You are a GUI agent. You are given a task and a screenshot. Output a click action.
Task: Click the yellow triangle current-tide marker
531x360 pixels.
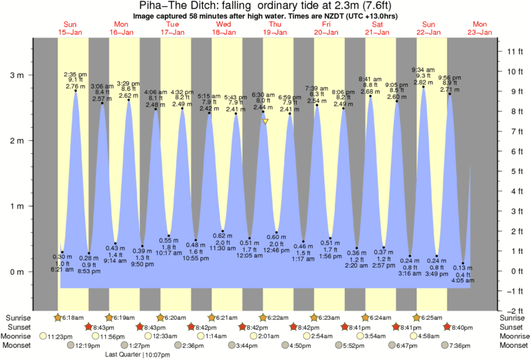click(266, 121)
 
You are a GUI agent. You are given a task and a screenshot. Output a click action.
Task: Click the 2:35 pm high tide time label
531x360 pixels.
click(74, 74)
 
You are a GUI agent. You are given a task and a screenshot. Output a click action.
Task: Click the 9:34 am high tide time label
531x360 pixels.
click(423, 68)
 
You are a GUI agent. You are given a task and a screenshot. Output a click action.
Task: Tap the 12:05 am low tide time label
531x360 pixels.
click(250, 256)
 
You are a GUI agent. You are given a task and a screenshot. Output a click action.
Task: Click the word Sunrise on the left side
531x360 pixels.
click(18, 317)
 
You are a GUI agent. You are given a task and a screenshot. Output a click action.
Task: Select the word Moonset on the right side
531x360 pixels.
click(514, 345)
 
